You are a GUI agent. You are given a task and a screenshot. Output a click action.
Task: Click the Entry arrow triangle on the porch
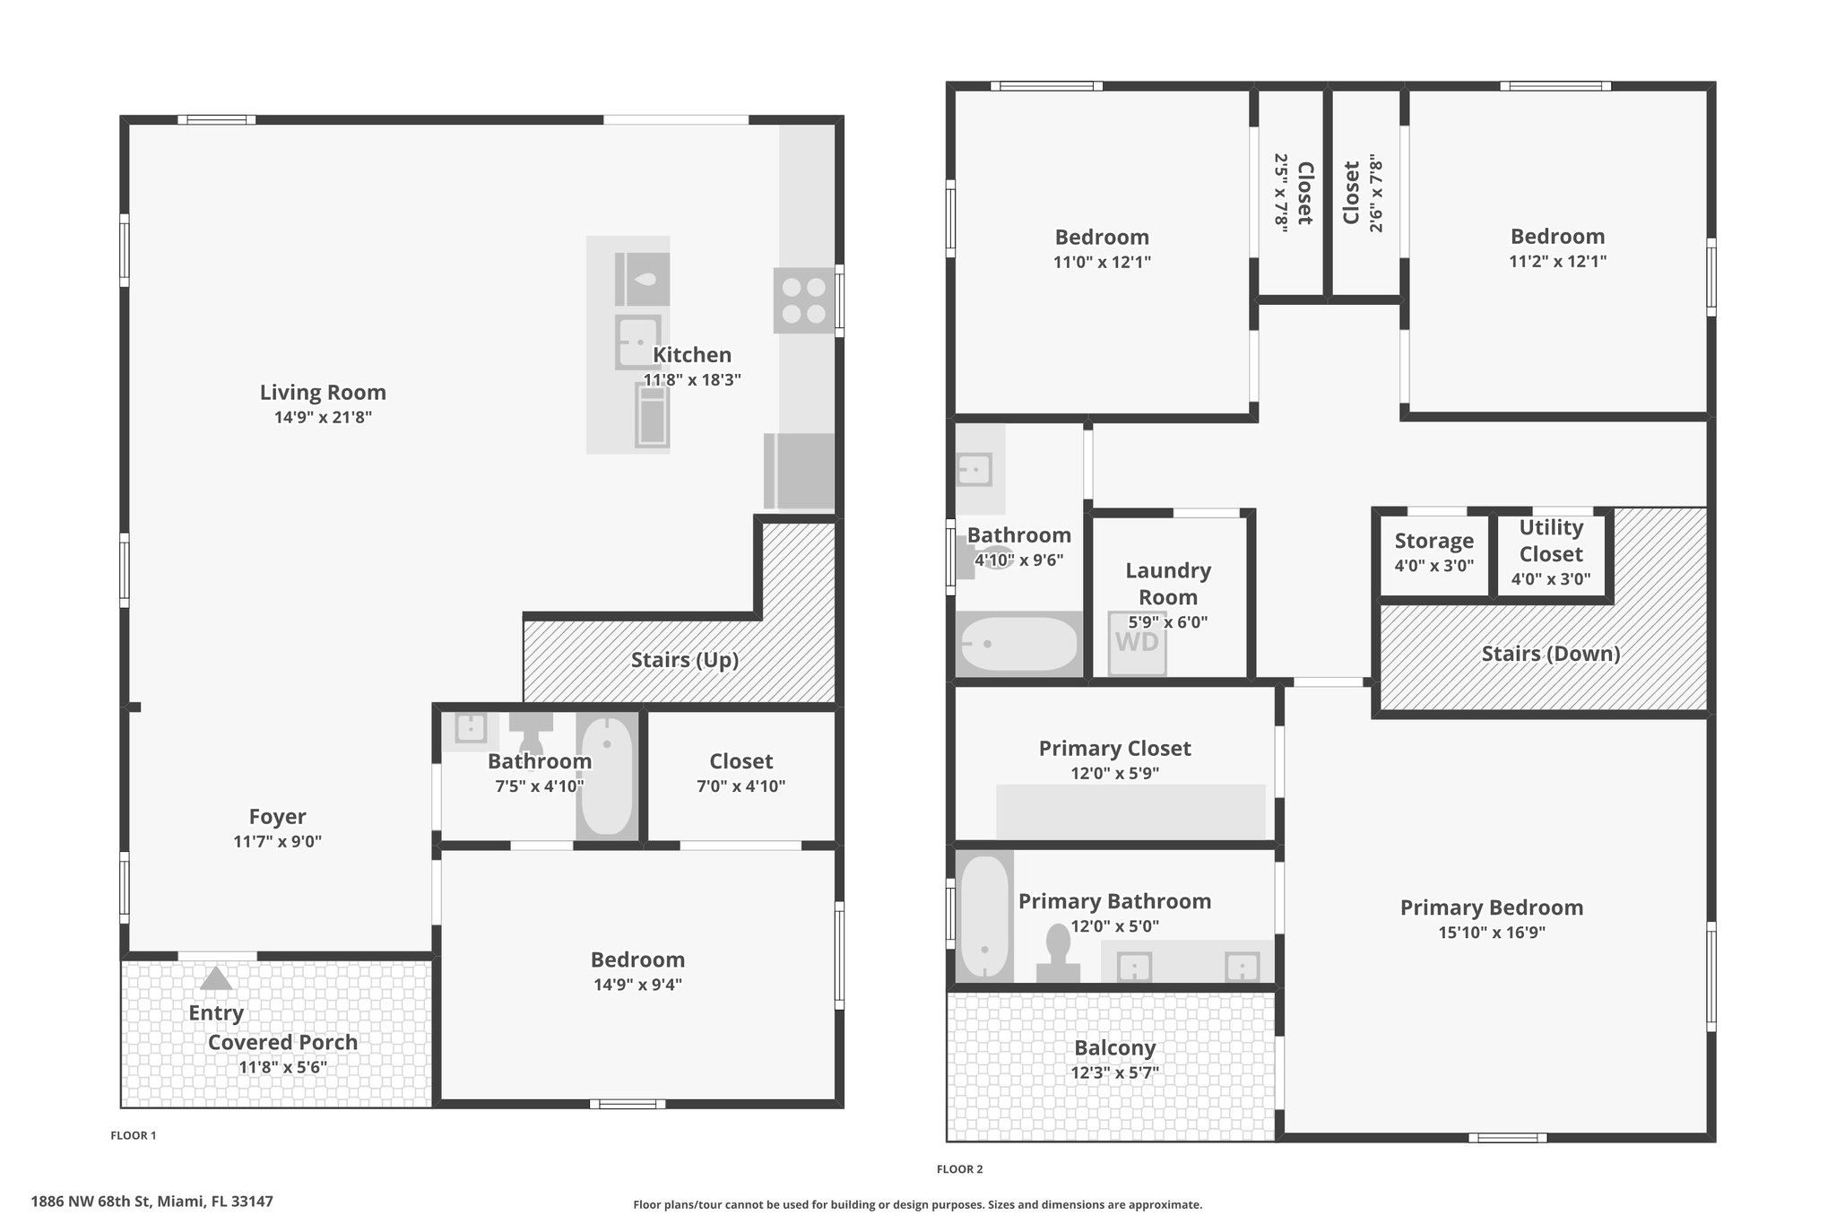click(x=215, y=978)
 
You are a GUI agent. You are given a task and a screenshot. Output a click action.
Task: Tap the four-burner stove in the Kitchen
click(x=804, y=301)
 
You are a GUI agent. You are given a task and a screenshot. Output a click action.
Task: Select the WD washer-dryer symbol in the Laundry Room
click(x=1137, y=642)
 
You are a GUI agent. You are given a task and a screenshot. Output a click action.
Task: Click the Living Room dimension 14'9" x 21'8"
click(x=323, y=417)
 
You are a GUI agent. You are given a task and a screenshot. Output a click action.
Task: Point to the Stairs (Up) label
click(x=685, y=660)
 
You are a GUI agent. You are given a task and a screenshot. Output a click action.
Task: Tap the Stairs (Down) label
click(x=1551, y=654)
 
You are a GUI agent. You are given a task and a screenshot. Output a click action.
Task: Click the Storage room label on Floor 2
click(x=1434, y=541)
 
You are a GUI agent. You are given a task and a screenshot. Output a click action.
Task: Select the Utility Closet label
click(x=1551, y=541)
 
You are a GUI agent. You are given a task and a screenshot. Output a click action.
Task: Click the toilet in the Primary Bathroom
click(x=1058, y=953)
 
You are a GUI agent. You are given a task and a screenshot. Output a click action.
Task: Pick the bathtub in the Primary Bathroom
click(x=984, y=916)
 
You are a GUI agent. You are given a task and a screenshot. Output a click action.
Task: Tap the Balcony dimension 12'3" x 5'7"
click(x=1115, y=1073)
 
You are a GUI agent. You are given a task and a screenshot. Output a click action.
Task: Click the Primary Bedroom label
click(x=1492, y=907)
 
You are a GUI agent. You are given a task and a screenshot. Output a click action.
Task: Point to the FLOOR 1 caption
click(x=134, y=1135)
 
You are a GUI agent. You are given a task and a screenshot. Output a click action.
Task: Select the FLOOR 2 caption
click(x=960, y=1169)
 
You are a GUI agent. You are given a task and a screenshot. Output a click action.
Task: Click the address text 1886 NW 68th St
click(x=90, y=1201)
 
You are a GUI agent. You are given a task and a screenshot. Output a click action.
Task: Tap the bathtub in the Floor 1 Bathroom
click(x=606, y=776)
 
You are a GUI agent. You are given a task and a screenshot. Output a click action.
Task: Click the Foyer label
click(x=277, y=817)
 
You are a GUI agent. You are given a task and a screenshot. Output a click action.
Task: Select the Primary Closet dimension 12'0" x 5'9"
click(x=1115, y=774)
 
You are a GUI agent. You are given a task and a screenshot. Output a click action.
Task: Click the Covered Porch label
click(x=282, y=1043)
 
